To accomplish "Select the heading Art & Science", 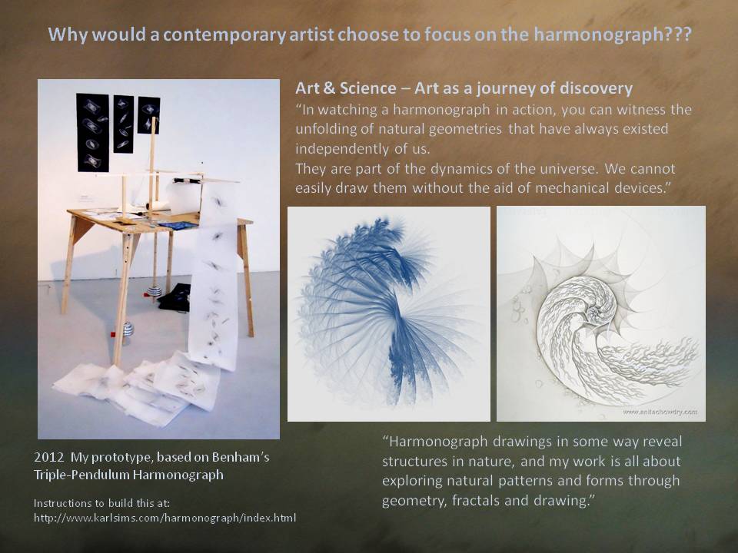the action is [x=345, y=88].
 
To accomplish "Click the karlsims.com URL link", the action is [x=165, y=518].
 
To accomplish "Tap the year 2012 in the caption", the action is [x=47, y=457].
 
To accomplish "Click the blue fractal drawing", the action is [x=389, y=313].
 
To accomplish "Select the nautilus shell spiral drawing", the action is [x=601, y=313].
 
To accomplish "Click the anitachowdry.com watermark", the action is [x=660, y=412].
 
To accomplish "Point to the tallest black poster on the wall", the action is [x=93, y=133].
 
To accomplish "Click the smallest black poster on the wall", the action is [x=148, y=115].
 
